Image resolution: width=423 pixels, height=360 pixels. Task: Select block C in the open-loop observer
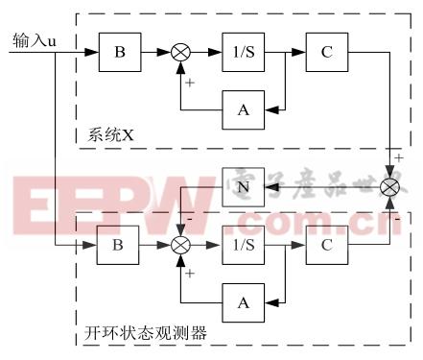tap(326, 245)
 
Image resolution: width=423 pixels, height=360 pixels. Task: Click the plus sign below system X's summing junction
tap(189, 84)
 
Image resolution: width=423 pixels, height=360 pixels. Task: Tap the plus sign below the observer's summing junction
tap(189, 274)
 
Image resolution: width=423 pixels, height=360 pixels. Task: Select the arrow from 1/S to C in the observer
tap(283, 245)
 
